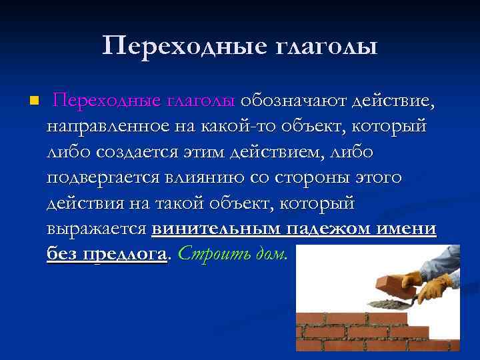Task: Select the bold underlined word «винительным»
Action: tap(217, 229)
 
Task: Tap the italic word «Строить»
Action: tap(207, 254)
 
